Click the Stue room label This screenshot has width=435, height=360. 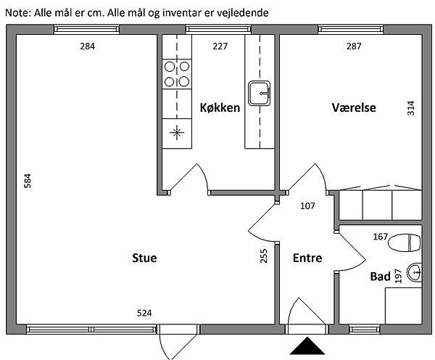pos(144,258)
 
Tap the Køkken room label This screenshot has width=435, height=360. pos(220,107)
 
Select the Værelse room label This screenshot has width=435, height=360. pos(354,107)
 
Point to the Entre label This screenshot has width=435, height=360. pos(307,258)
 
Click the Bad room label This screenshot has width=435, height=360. pos(381,277)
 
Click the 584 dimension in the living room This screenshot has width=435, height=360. pos(28,181)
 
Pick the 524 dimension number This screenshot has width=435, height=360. pos(144,313)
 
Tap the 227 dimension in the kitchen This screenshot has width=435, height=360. pos(220,46)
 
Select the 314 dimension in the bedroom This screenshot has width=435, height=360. pos(410,108)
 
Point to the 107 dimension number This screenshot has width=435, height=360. pos(307,206)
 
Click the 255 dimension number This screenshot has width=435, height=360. pos(264,255)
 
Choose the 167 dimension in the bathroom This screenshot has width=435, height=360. pos(381,237)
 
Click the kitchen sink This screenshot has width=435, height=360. pos(259,94)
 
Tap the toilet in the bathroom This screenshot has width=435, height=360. pos(405,242)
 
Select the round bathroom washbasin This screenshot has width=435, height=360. pos(414,272)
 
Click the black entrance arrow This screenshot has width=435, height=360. pos(307,345)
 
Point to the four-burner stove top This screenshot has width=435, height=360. pos(177,74)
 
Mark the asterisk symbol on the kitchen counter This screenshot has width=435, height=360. pos(177,133)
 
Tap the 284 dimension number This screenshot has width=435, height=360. pos(88,46)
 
